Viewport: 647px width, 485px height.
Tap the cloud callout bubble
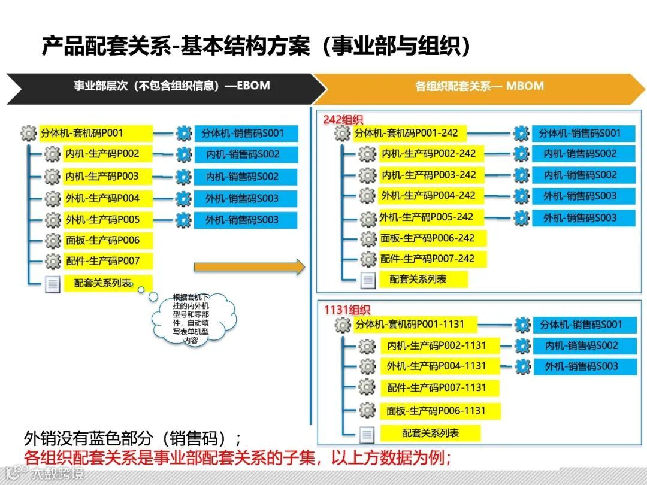pos(189,319)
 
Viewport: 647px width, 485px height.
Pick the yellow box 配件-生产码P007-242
pos(431,259)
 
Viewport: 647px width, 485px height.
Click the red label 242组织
pos(343,120)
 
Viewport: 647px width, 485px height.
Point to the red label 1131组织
pos(347,310)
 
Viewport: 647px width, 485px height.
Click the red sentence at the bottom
pos(237,457)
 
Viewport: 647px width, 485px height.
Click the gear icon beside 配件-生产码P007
pos(53,261)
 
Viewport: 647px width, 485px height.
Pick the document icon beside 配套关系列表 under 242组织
pos(368,280)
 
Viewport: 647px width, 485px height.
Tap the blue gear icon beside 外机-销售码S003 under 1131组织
pos(522,366)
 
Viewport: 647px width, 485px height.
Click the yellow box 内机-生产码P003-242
pos(431,175)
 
